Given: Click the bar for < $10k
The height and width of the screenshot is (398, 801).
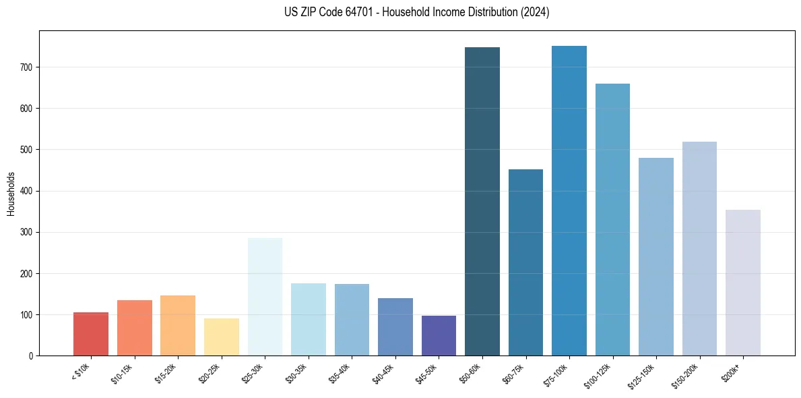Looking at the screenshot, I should [91, 334].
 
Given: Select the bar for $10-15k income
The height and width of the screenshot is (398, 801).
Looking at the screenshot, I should [135, 328].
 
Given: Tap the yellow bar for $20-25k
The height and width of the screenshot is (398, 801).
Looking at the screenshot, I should [222, 337].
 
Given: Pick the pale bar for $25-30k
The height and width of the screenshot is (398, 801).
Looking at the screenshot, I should [265, 297].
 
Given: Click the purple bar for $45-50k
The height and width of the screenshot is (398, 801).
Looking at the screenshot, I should [439, 336].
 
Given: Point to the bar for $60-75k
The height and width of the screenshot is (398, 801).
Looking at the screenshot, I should [525, 262].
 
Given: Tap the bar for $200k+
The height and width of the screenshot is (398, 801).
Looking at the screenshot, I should [743, 283].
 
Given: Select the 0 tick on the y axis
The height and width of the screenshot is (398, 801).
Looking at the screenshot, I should [32, 356].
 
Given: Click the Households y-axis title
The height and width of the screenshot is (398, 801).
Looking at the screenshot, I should [11, 194].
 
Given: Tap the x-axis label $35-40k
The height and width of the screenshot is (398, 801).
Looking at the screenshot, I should [341, 373].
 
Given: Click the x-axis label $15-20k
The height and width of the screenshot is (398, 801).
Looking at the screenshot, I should [167, 373].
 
